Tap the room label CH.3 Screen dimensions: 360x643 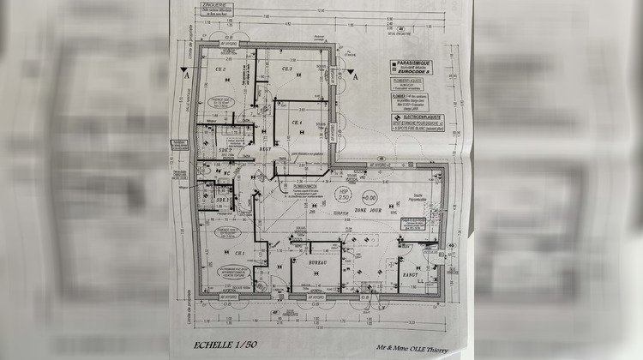(286, 69)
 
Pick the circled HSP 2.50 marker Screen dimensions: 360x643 (344, 196)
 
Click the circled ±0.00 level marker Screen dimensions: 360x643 (370, 196)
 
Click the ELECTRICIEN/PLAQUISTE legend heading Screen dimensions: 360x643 (415, 117)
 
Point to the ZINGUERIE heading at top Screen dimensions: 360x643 (207, 4)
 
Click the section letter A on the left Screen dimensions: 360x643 (187, 75)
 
